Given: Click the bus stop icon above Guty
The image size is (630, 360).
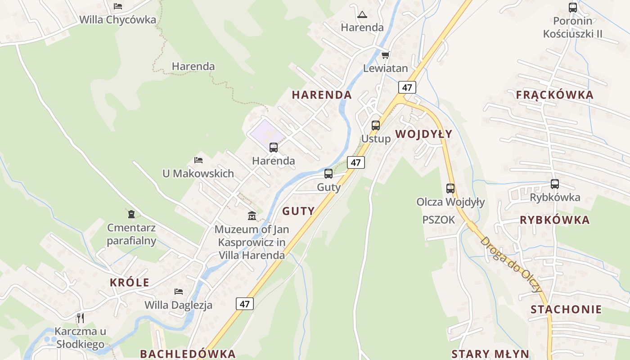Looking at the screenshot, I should pyautogui.click(x=328, y=174).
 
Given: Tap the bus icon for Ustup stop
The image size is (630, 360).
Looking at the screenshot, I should pyautogui.click(x=376, y=126).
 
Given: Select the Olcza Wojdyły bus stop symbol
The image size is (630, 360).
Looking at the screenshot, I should pyautogui.click(x=450, y=189).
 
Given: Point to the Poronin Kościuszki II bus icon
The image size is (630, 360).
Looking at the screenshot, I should pyautogui.click(x=572, y=8).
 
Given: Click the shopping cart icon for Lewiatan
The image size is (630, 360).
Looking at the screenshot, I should pyautogui.click(x=385, y=55).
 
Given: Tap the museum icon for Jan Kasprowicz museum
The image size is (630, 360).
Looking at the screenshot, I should pyautogui.click(x=252, y=216).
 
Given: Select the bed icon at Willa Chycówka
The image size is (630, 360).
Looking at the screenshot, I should pyautogui.click(x=118, y=6).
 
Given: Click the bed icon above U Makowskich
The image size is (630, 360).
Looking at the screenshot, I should pyautogui.click(x=198, y=160).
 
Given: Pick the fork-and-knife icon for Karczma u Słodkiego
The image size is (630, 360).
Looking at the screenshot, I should pyautogui.click(x=81, y=318).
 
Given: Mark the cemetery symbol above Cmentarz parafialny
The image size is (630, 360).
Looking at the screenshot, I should pyautogui.click(x=131, y=214).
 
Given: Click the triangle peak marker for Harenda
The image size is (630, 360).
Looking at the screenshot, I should pyautogui.click(x=362, y=15).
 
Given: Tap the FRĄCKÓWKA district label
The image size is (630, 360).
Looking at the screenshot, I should pyautogui.click(x=554, y=95).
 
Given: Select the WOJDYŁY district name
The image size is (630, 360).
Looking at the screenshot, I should pyautogui.click(x=423, y=134).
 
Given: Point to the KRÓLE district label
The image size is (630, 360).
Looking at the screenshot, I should pyautogui.click(x=130, y=283).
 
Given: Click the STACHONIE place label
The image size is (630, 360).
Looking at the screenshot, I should pyautogui.click(x=566, y=309).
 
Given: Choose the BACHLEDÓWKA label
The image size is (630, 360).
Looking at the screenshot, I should pyautogui.click(x=188, y=354).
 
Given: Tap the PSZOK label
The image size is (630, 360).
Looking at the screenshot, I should pyautogui.click(x=439, y=220).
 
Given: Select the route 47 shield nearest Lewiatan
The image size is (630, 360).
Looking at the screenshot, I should pyautogui.click(x=407, y=87).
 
